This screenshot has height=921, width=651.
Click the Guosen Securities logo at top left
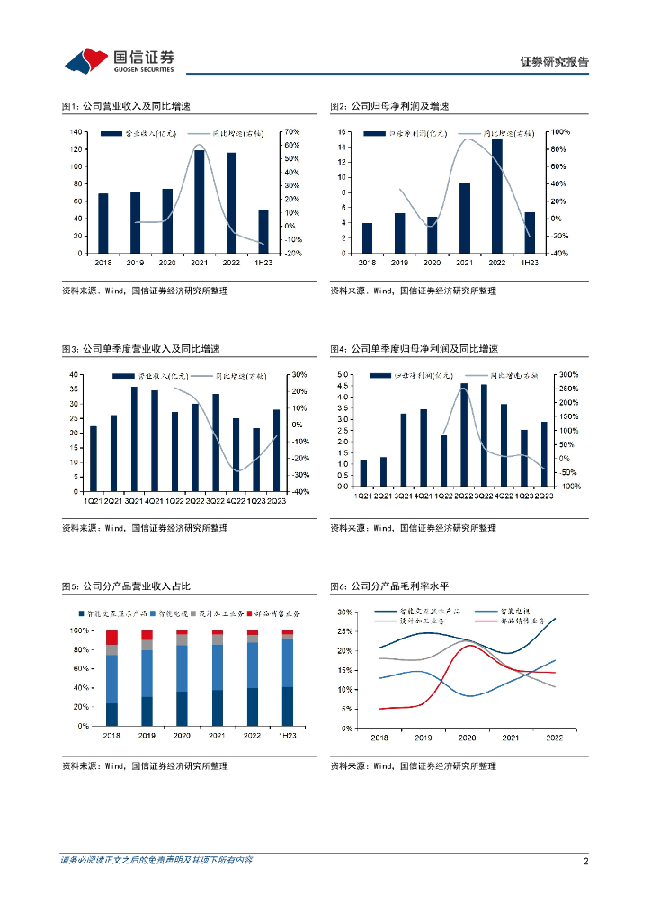point(118,60)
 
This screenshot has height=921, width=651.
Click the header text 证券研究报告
point(554,62)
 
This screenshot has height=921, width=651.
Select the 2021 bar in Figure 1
point(199,201)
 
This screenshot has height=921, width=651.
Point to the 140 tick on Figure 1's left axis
point(77,132)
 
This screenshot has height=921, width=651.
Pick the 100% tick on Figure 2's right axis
point(561,132)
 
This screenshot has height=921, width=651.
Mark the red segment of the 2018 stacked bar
point(111,637)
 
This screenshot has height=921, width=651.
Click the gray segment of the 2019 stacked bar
point(147,645)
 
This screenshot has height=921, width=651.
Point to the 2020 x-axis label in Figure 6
point(467,738)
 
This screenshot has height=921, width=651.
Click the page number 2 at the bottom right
point(585,861)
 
